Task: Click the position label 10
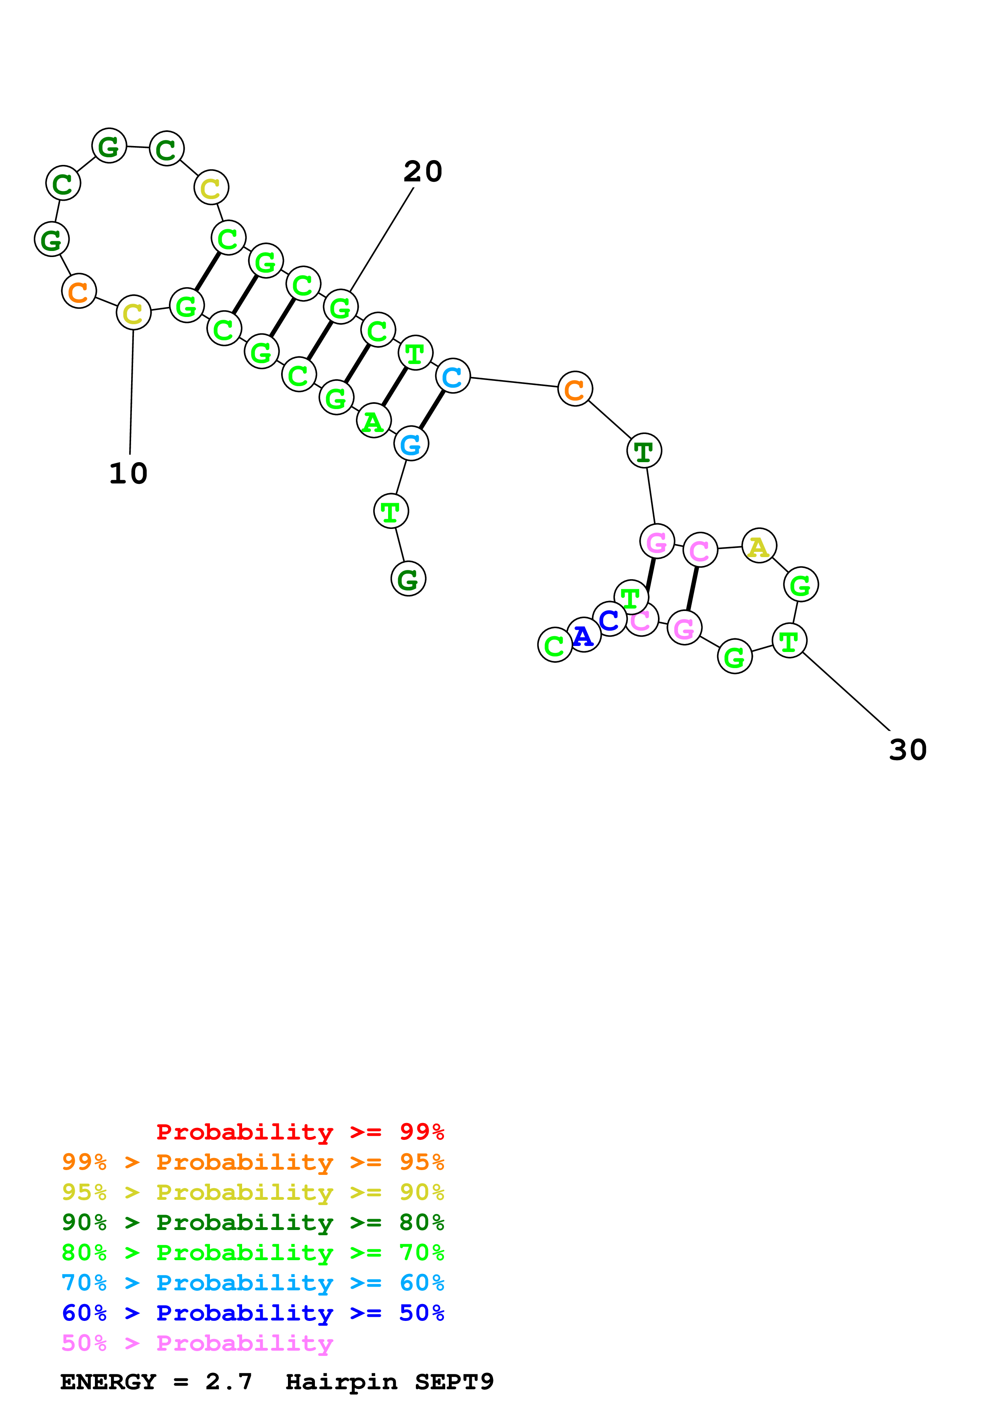coord(128,474)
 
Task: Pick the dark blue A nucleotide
coord(583,636)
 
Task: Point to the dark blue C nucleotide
coord(609,619)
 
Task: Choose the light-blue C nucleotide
coord(453,377)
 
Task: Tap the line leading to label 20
coord(381,240)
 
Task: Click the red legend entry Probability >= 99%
coord(300,1132)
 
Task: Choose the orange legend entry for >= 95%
coord(253,1162)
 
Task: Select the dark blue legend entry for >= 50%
coord(253,1313)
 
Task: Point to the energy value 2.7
coord(228,1382)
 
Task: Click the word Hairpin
coord(341,1382)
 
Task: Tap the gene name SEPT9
coord(454,1382)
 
